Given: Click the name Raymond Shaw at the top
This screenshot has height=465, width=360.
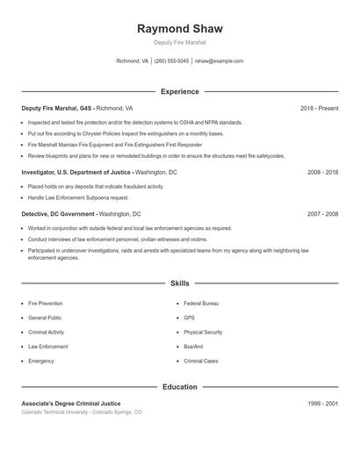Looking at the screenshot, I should (x=179, y=28).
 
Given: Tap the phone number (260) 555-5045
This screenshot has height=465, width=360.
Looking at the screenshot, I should (x=171, y=61).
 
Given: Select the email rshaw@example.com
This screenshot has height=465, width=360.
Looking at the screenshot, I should (x=219, y=61).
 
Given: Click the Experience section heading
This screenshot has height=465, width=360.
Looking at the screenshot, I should (x=179, y=91).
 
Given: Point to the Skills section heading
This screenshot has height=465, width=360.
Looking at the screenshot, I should (x=179, y=284).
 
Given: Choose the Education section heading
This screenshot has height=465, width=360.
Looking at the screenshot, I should (x=179, y=387).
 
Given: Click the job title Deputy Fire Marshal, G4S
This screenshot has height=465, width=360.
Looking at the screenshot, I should (x=57, y=108).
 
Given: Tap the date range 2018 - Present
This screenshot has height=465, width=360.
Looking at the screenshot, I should (x=319, y=108).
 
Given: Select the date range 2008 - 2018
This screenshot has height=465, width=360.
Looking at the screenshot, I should (x=322, y=173).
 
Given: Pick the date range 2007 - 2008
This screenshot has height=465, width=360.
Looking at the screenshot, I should (x=322, y=213).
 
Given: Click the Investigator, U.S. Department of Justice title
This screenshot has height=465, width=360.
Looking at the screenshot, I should (x=76, y=173).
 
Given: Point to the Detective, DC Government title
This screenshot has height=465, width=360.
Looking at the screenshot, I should (x=58, y=213).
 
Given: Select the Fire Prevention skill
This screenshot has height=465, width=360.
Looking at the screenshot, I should (x=45, y=304).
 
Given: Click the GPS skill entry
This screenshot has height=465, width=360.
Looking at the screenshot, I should (x=189, y=318).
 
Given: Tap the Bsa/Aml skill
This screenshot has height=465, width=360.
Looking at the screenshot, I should (x=193, y=347).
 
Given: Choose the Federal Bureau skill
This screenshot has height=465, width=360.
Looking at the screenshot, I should (x=201, y=304).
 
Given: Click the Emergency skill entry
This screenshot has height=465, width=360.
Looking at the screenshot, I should (x=41, y=361).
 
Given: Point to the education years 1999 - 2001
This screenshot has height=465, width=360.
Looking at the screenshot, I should (x=322, y=404).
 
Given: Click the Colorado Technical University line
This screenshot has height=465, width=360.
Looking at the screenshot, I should (x=81, y=411).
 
